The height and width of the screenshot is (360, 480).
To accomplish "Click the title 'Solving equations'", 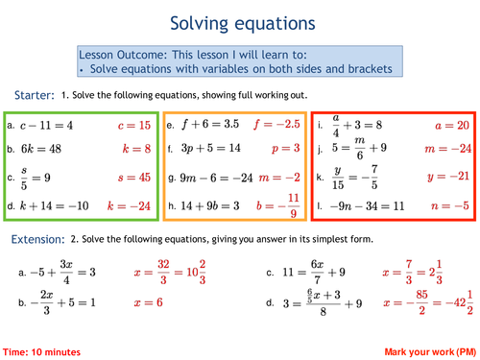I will pyautogui.click(x=239, y=20).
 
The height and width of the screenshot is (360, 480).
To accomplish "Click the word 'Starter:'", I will pyautogui.click(x=35, y=95).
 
